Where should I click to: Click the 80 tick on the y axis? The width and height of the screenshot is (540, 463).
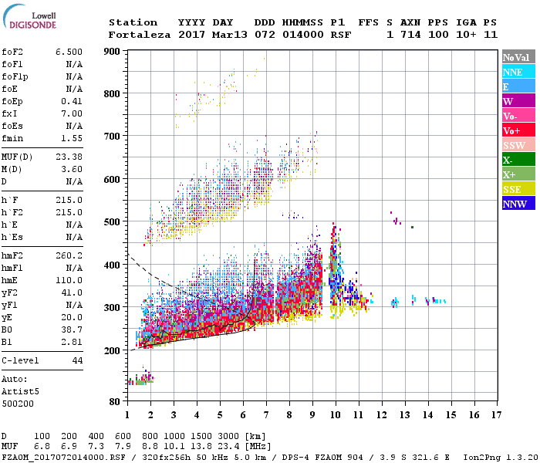pos(116,401)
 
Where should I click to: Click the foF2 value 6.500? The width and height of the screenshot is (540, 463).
pos(69,52)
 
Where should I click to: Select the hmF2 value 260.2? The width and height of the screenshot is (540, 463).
pos(69,255)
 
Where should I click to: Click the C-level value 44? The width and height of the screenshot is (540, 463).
pos(77,360)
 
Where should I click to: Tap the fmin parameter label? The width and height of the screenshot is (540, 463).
pos(13,138)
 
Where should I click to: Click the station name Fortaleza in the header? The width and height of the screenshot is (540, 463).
pos(139,35)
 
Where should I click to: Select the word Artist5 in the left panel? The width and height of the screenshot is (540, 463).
pos(20,391)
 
